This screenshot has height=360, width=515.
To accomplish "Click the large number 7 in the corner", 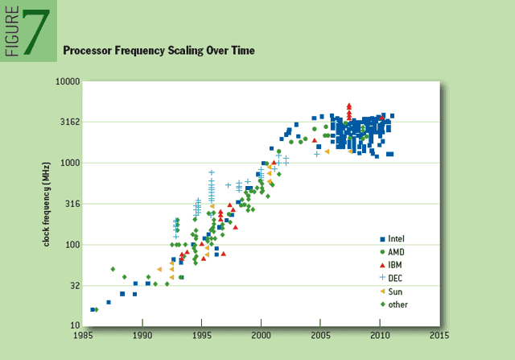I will point(37,33).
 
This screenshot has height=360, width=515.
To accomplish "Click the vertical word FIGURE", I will point(11,33).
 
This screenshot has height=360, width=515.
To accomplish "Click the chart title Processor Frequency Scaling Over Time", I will point(159,51).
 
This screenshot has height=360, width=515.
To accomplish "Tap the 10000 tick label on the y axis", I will point(68,82).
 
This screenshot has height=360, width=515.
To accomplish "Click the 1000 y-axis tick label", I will point(70,163).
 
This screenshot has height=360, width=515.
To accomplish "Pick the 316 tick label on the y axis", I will point(72,204).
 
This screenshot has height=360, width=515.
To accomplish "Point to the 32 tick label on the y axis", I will point(74,285).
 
